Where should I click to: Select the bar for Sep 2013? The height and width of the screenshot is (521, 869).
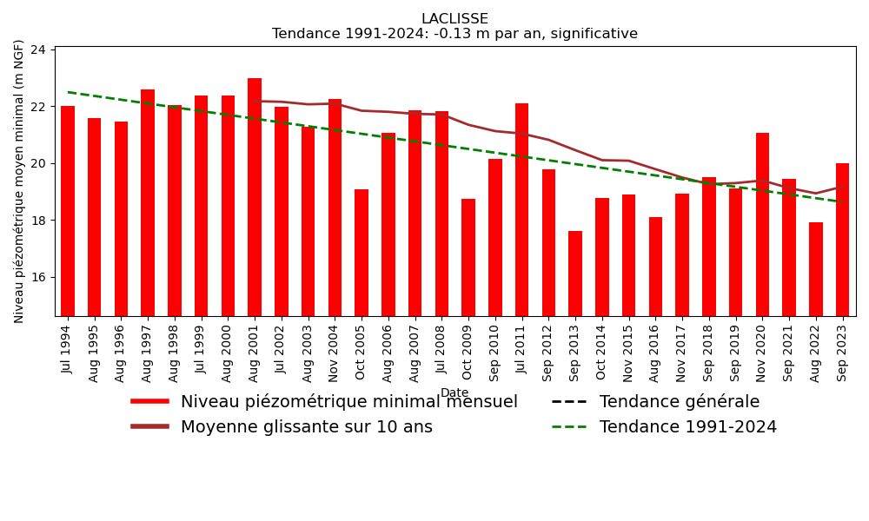575,274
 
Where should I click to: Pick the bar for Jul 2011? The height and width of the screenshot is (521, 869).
522,209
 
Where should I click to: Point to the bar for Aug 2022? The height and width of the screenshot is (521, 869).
816,269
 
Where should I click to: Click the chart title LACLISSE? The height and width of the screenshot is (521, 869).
454,19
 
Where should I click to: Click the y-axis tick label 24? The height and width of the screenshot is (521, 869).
37,49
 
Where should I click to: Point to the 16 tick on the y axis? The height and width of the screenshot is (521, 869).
37,277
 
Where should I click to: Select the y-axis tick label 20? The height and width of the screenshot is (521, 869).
37,163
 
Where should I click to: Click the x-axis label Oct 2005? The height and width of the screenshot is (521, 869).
362,353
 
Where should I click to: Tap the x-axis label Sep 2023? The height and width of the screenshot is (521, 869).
843,353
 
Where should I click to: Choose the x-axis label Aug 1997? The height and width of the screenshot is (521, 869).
148,353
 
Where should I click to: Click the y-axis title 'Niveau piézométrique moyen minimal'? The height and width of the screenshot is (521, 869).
19,181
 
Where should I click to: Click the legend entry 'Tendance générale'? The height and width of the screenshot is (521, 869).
679,402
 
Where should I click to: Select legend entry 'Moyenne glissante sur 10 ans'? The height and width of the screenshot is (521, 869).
306,427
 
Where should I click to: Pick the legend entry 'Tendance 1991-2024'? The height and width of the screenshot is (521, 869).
687,427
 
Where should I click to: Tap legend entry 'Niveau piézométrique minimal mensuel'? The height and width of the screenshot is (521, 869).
348,402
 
